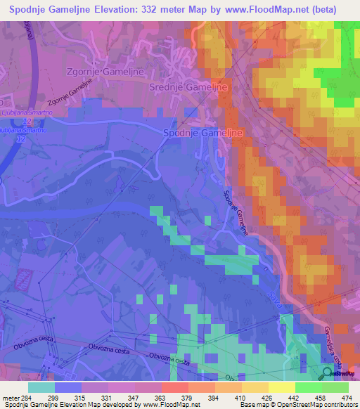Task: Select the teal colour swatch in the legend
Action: [x=41, y=387]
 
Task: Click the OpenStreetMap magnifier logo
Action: [x=329, y=372]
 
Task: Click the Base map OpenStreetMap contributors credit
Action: [x=298, y=405]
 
